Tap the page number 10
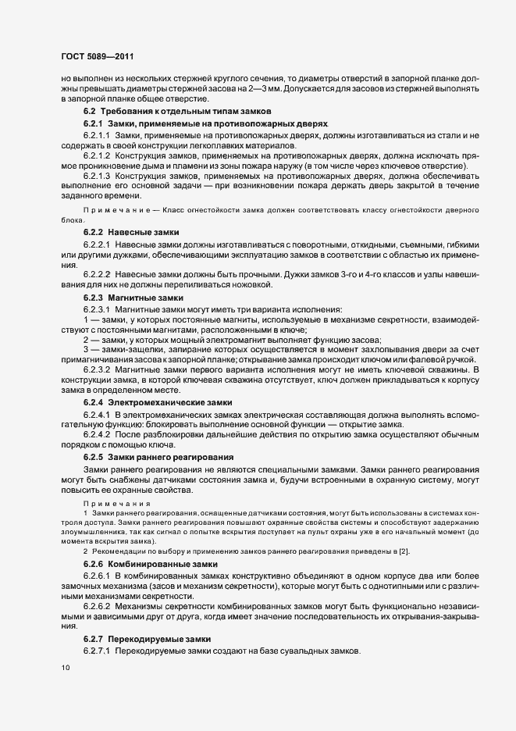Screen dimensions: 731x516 pyautogui.click(x=66, y=668)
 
